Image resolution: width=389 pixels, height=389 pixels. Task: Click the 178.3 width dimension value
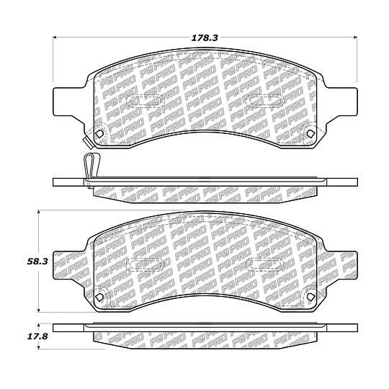(205, 37)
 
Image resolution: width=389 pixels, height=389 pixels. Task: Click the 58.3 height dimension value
(37, 261)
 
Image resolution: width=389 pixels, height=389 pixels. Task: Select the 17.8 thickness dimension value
(37, 336)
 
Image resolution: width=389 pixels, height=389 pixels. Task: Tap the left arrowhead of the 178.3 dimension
(55, 37)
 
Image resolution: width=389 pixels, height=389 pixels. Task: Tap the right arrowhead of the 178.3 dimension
(354, 37)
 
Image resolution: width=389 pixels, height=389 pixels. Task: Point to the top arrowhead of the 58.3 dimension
(38, 213)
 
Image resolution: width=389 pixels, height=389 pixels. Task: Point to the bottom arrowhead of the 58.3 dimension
(38, 310)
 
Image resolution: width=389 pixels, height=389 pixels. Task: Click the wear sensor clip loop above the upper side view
(92, 165)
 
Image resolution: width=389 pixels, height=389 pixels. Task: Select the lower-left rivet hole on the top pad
(99, 134)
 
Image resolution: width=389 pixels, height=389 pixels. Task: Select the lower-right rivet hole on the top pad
(310, 134)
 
